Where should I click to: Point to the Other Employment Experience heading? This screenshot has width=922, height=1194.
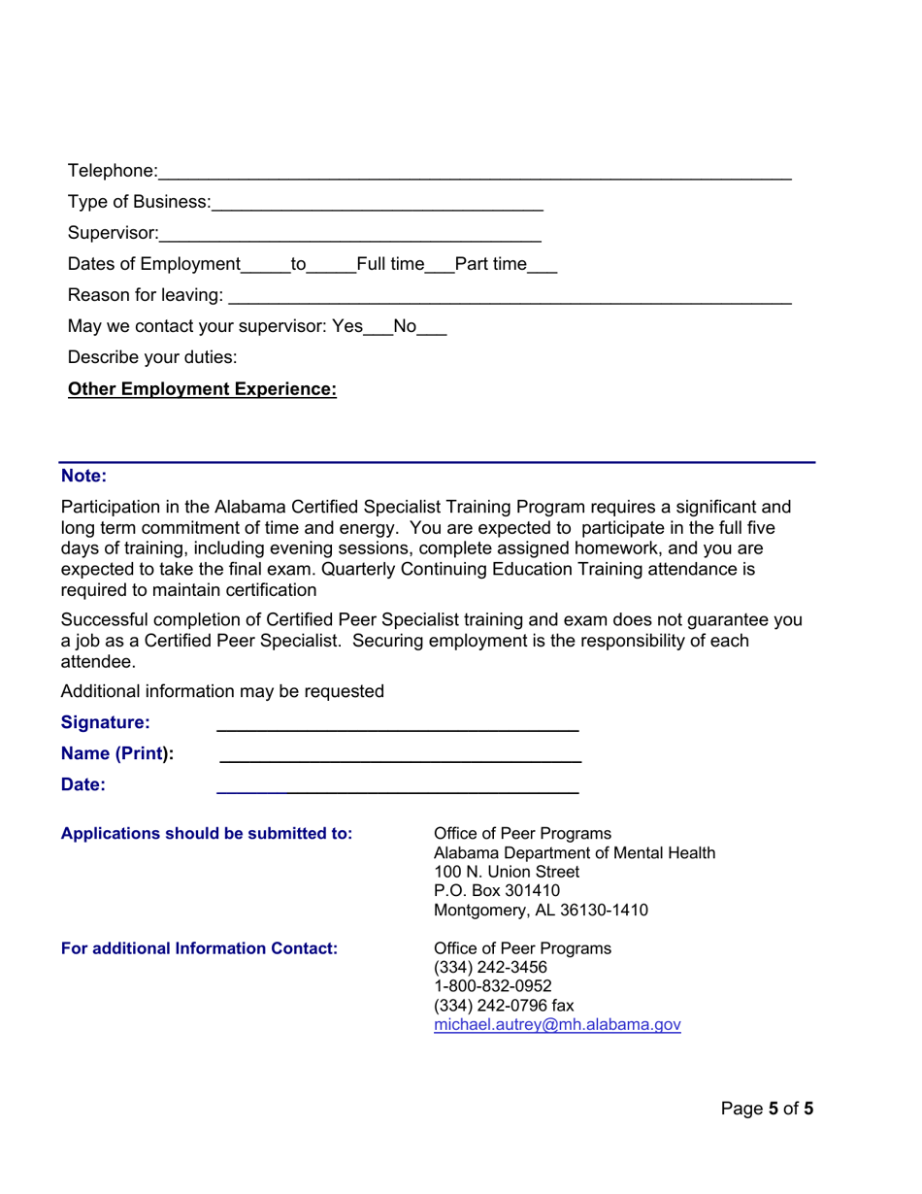tap(202, 389)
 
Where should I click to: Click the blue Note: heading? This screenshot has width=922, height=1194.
tap(83, 476)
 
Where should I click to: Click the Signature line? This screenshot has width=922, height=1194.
tap(397, 725)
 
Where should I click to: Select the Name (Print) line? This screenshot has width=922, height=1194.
tap(400, 756)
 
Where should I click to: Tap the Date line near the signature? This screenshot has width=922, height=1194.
tap(397, 787)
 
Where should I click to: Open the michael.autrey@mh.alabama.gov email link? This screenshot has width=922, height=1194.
tap(557, 1025)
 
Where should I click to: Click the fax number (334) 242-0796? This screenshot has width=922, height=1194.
tap(504, 1006)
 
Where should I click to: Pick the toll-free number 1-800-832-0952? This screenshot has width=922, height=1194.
tap(492, 986)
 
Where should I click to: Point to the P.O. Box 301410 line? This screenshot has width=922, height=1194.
tap(496, 891)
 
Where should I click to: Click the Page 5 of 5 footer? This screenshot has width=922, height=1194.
tap(767, 1109)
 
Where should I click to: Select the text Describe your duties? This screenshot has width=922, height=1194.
tap(152, 357)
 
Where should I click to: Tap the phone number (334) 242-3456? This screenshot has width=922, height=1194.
tap(490, 968)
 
